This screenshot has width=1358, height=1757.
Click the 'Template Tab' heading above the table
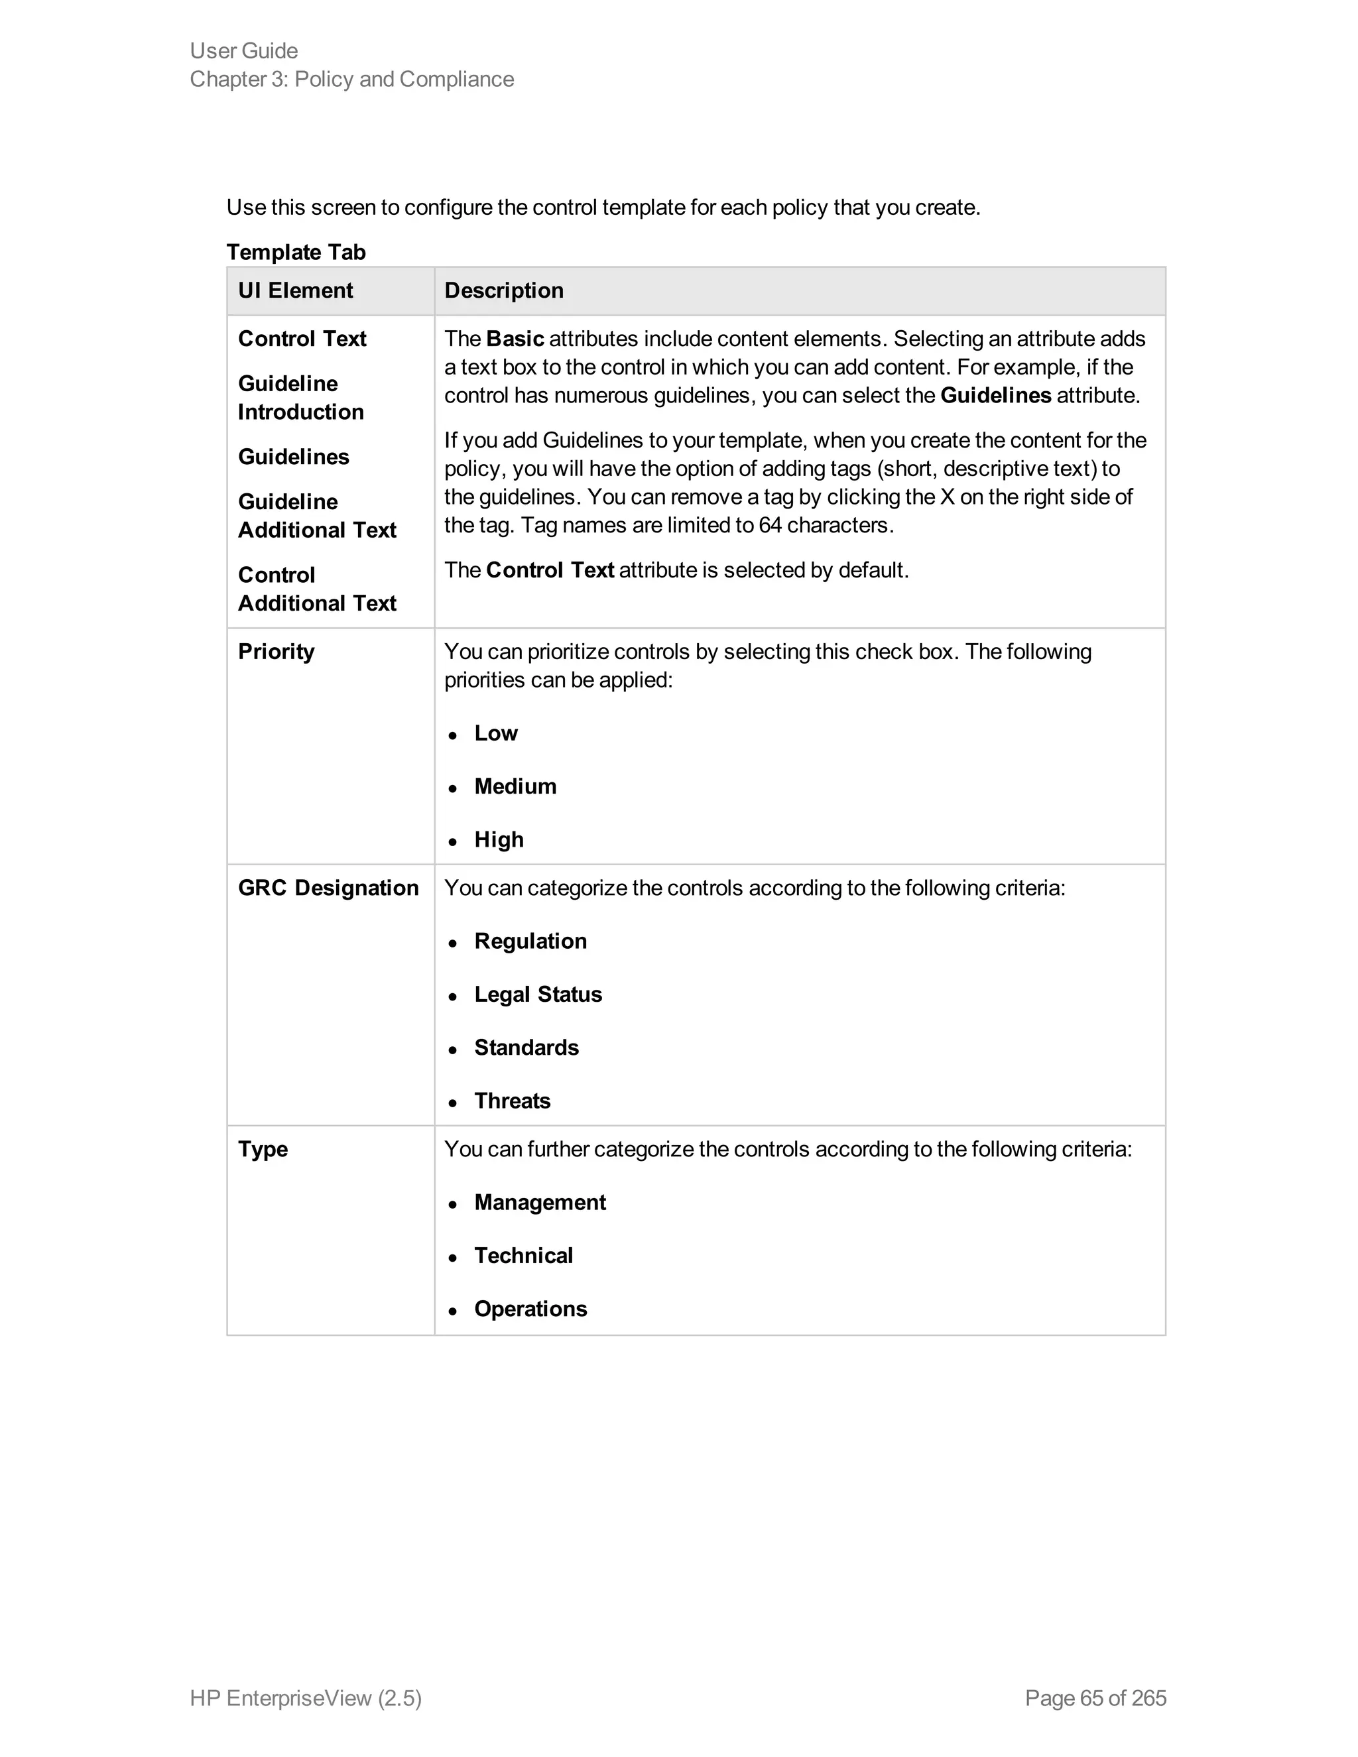(x=295, y=252)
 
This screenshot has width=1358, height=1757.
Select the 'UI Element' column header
(x=295, y=290)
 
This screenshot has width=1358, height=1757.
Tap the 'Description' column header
(x=504, y=290)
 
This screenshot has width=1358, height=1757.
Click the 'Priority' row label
(x=276, y=652)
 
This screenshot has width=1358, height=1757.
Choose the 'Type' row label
(x=263, y=1149)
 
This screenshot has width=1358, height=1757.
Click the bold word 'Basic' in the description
(x=515, y=339)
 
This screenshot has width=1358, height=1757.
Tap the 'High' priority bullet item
(x=499, y=839)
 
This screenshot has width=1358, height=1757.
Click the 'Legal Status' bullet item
(x=537, y=995)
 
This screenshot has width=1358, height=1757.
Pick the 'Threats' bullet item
(x=512, y=1101)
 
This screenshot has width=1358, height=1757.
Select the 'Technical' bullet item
(x=523, y=1255)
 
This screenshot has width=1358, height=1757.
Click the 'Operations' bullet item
(x=530, y=1308)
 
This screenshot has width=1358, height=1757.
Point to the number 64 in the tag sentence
(x=770, y=525)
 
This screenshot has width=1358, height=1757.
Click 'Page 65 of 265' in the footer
(x=1095, y=1697)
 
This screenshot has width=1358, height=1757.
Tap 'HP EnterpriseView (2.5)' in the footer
(x=306, y=1697)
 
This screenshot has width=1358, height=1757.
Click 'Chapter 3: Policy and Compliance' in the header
(x=351, y=79)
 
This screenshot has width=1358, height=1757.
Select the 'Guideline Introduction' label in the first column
(x=300, y=397)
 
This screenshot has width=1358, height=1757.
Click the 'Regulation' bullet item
(x=530, y=941)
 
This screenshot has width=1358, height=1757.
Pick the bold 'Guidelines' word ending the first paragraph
(x=995, y=396)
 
